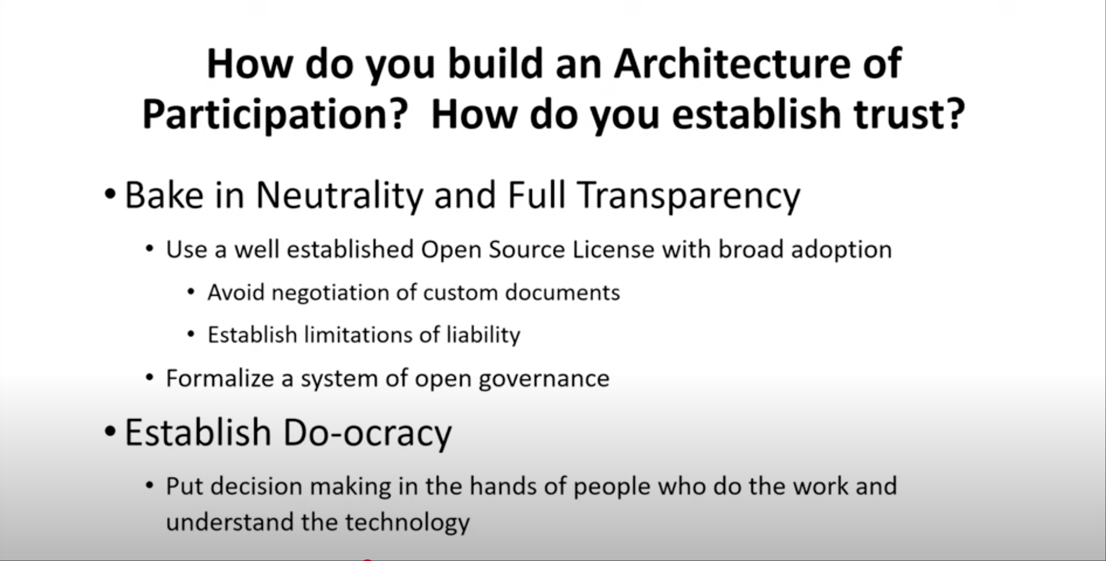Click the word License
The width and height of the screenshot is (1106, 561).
tap(613, 249)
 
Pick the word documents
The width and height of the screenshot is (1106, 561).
tap(562, 292)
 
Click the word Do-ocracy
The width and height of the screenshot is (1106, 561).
tap(367, 433)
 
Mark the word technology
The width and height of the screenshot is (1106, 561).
tap(407, 523)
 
